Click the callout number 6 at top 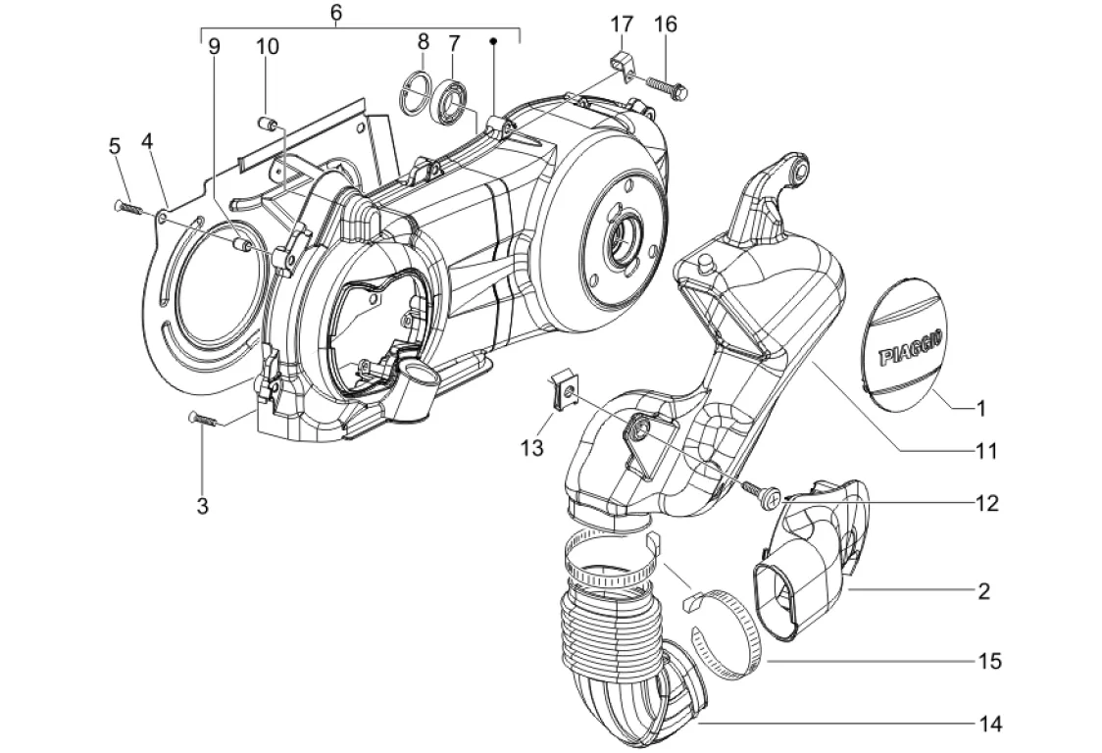336,13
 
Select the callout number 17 623,24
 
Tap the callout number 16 666,24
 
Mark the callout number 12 986,504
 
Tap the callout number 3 202,506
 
